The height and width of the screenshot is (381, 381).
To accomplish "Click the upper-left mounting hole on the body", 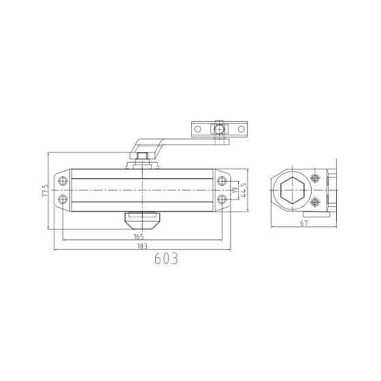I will pos(63,181).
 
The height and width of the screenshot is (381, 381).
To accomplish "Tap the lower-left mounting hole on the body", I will pos(63,199).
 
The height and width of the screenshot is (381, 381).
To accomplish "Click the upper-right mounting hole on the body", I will pos(222,181).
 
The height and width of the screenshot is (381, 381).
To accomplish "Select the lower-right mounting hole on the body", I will pos(222,199).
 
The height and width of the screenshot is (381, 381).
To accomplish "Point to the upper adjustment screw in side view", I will pos(314,178).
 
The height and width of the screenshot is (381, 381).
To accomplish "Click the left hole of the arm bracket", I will pos(197,128).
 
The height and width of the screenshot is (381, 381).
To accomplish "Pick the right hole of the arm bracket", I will pos(242,128).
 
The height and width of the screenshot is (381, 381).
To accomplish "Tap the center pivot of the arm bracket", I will pos(219,128).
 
